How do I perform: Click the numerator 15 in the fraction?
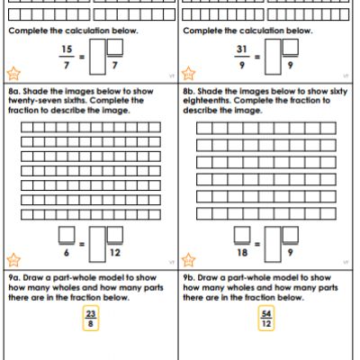click(67, 49)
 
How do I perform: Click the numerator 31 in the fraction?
click(242, 49)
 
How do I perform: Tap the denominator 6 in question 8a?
click(67, 253)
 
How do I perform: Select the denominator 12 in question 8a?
click(115, 253)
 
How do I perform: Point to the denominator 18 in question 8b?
click(242, 253)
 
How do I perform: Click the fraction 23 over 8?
click(91, 319)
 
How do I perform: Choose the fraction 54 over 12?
click(266, 319)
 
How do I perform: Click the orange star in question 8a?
click(13, 260)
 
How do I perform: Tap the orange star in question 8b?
click(188, 260)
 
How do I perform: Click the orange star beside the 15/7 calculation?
click(13, 74)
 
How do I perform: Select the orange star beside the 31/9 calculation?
click(188, 74)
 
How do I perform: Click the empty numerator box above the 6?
click(67, 234)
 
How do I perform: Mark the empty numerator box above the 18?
click(242, 234)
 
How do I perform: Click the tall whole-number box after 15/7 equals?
click(97, 57)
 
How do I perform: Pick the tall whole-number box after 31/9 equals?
click(273, 57)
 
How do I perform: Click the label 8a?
click(14, 91)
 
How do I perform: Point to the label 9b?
click(189, 278)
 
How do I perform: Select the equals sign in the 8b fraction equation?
click(257, 244)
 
